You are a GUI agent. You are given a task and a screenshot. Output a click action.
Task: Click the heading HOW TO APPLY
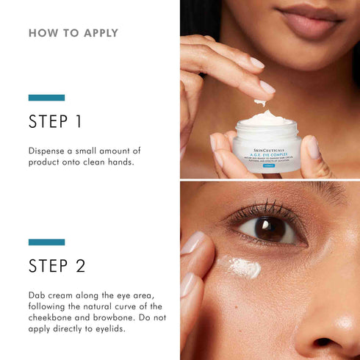(x=73, y=33)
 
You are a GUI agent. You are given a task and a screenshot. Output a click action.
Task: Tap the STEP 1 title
(x=56, y=121)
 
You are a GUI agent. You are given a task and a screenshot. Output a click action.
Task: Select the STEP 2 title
(x=57, y=265)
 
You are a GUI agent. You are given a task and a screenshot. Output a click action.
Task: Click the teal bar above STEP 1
(x=46, y=98)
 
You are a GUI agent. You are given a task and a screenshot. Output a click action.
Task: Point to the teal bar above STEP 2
(x=46, y=242)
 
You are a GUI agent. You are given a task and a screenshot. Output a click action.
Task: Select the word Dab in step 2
(x=37, y=295)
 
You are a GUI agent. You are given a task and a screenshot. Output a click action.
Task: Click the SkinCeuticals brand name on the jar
(x=266, y=140)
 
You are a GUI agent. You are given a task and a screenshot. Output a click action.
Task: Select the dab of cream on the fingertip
(x=260, y=102)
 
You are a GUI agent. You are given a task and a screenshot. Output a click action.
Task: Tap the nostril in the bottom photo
(x=324, y=342)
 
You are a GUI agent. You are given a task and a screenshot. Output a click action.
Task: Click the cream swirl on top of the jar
(x=266, y=118)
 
